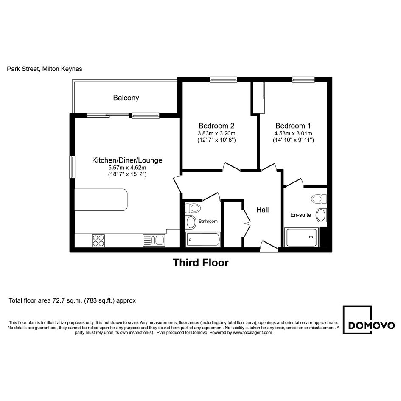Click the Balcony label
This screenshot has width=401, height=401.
point(126,98)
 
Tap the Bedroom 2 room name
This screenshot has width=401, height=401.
point(216,126)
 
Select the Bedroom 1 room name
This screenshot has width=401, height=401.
point(293,126)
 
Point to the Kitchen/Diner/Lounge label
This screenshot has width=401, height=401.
point(127,160)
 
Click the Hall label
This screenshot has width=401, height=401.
point(262,210)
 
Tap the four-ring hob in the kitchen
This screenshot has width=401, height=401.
point(98,241)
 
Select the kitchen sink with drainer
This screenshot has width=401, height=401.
point(154,241)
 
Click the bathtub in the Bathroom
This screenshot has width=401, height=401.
point(203,240)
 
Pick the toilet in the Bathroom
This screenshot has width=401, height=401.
point(193,208)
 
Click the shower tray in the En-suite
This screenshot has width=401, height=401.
point(302,237)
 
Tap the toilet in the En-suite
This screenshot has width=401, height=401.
point(319,199)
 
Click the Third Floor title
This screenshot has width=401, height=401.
point(201,263)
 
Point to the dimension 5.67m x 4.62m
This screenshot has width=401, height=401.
point(127,168)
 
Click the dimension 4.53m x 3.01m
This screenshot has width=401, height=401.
point(293,134)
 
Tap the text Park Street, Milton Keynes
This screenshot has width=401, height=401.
point(45,69)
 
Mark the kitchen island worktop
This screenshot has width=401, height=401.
point(101,200)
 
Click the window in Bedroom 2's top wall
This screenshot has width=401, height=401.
point(224,80)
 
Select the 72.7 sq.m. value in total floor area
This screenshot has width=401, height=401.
point(67,300)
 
